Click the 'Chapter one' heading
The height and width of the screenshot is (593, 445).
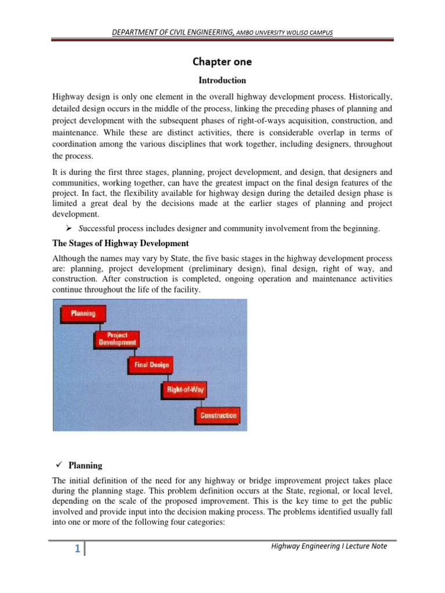[222, 62]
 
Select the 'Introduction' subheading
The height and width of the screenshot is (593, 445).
[222, 80]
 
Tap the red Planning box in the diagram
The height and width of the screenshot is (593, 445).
[83, 313]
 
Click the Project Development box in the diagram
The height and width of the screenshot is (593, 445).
[116, 339]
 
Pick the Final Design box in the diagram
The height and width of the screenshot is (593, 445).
[151, 365]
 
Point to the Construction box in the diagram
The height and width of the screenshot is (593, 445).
[218, 415]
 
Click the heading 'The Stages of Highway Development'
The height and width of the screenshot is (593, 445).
[121, 243]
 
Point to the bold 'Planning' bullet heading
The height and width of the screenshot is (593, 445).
[85, 465]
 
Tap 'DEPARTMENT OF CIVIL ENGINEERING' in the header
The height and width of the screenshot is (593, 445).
[173, 32]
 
